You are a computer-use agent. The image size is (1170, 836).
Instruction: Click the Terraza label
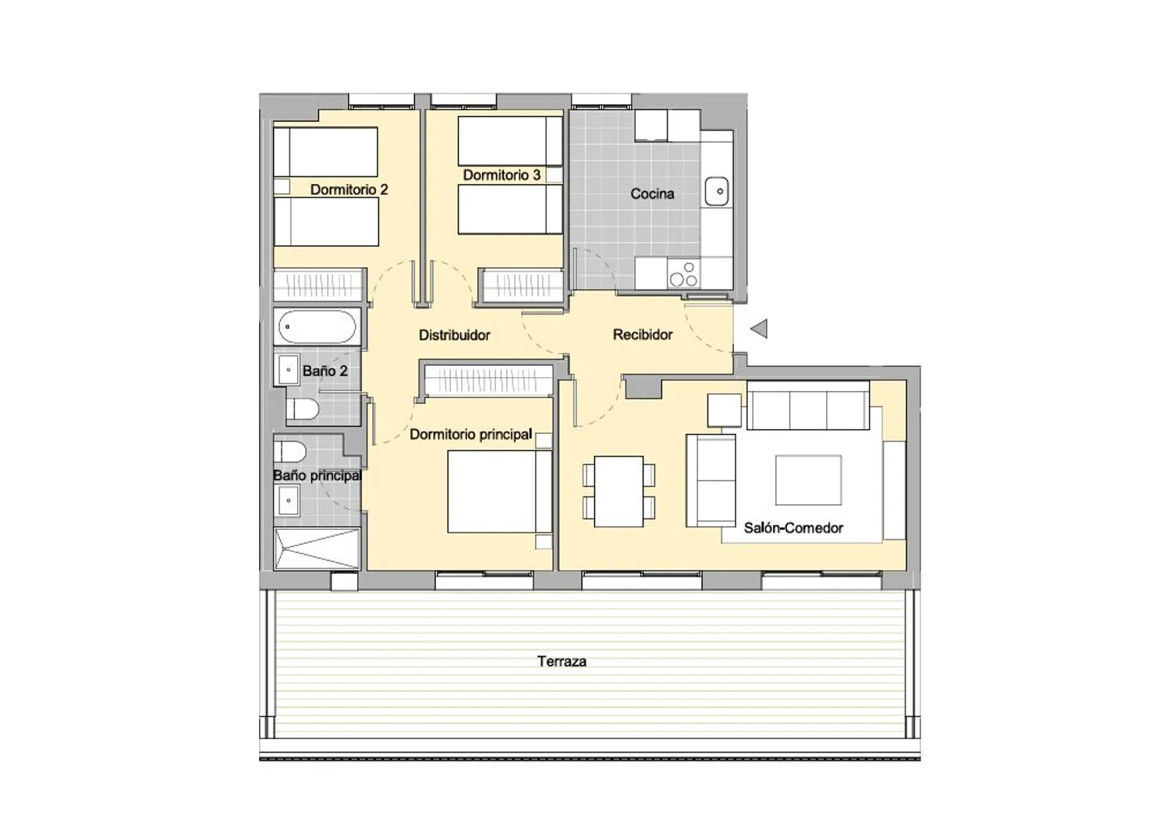click(x=562, y=661)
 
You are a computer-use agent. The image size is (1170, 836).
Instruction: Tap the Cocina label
click(x=652, y=194)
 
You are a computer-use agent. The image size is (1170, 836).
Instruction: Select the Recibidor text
click(x=643, y=335)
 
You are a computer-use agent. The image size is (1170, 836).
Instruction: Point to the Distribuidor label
click(x=455, y=335)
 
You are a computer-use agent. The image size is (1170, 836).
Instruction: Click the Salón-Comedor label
click(x=793, y=528)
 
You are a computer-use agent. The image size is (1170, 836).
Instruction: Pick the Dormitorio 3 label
click(x=502, y=175)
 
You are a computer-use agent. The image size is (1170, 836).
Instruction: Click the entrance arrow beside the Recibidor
click(x=759, y=329)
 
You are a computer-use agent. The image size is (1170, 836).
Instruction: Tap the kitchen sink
click(x=717, y=191)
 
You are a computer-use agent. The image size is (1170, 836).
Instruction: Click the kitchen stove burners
click(x=684, y=275)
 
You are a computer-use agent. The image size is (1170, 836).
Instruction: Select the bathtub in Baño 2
click(x=317, y=327)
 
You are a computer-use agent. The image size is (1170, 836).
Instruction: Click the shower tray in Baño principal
click(x=317, y=549)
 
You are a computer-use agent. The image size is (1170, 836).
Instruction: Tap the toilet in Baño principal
click(x=290, y=451)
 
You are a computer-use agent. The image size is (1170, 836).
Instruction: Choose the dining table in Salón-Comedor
click(x=619, y=492)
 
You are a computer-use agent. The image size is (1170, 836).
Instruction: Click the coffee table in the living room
click(x=808, y=480)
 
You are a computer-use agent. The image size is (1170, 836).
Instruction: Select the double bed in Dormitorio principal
click(x=500, y=492)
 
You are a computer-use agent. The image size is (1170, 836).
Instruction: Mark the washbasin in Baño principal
click(x=287, y=500)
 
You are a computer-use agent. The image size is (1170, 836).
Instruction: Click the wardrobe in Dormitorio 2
click(x=318, y=286)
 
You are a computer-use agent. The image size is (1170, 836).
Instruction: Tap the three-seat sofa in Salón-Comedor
click(x=808, y=405)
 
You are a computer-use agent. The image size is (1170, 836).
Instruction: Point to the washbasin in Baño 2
click(x=287, y=370)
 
